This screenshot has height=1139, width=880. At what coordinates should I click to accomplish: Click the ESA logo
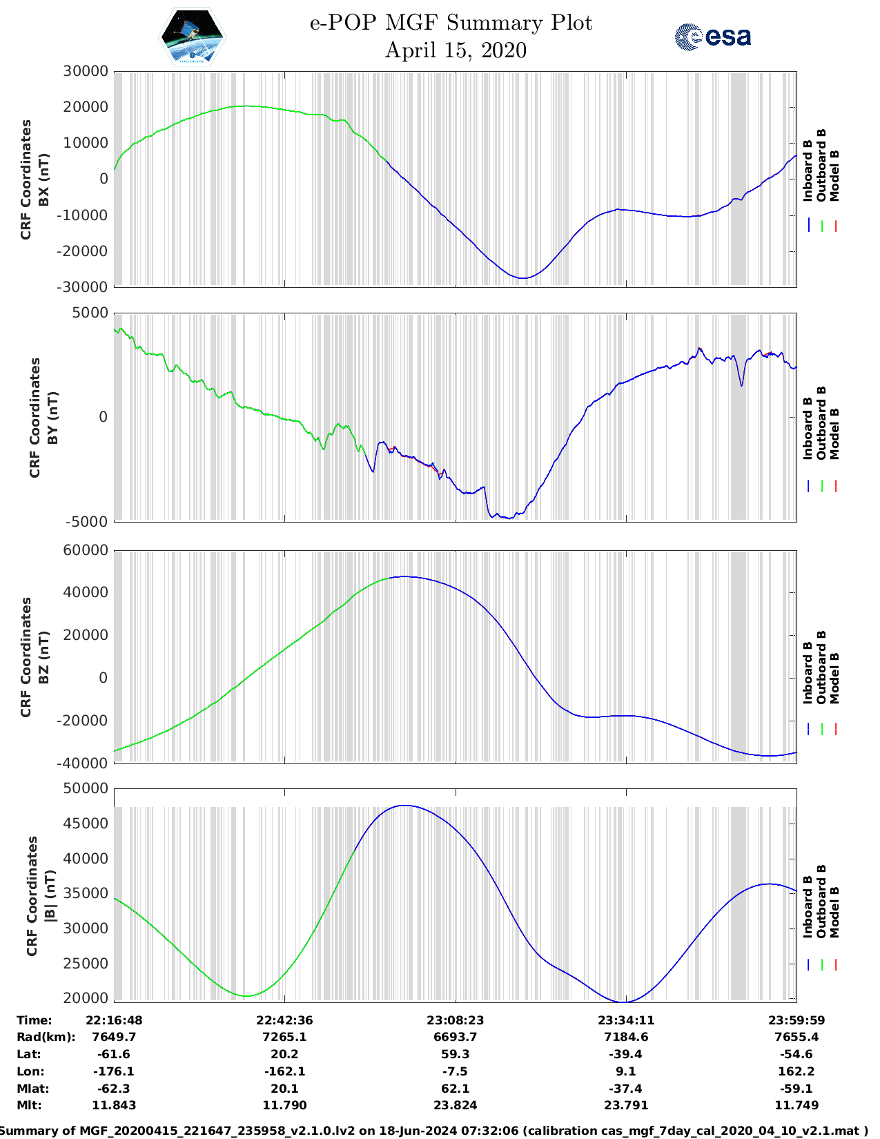713,37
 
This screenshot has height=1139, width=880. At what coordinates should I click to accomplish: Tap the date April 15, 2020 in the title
456,50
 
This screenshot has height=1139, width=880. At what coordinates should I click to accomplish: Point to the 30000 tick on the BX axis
86,71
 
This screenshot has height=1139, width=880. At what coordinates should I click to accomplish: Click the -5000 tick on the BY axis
87,521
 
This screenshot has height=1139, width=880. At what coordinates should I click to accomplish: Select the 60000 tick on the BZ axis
86,550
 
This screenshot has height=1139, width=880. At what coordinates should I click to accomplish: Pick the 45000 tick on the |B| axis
86,824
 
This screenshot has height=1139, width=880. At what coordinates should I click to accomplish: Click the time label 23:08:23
455,1020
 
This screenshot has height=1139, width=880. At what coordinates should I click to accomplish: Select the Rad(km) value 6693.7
455,1037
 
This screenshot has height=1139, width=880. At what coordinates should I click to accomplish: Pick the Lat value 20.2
284,1054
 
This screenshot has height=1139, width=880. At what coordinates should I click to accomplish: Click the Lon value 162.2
796,1071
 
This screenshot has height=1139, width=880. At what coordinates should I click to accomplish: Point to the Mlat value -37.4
626,1089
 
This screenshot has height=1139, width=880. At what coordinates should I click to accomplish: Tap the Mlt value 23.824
455,1105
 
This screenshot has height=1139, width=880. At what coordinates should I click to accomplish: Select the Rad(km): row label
46,1037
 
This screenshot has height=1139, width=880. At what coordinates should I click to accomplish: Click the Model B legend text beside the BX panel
834,175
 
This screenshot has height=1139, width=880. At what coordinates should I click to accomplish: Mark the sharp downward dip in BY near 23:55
742,385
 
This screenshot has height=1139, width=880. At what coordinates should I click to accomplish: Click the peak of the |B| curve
406,806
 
